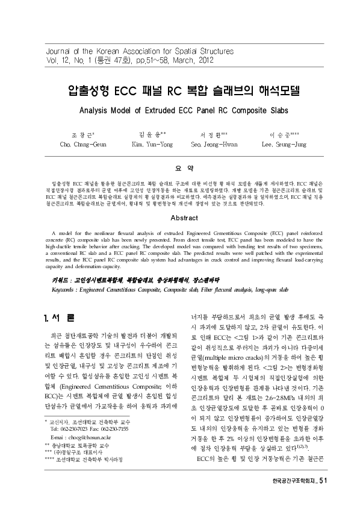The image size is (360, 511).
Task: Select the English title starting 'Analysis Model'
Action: (x=179, y=111)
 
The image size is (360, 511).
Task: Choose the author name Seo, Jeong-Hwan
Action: (x=214, y=145)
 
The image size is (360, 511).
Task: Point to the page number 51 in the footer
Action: (x=321, y=497)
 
